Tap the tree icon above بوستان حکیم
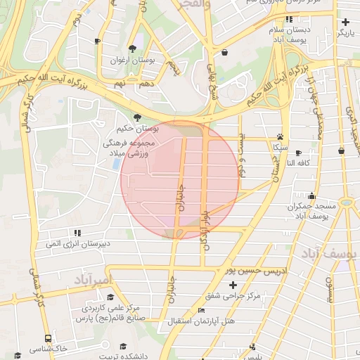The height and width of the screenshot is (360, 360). click(137, 117)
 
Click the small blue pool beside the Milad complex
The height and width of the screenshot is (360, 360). click(116, 163)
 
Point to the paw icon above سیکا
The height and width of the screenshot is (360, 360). click(281, 137)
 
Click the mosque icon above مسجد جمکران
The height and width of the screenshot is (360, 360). click(312, 196)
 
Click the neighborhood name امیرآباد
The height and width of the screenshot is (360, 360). click(91, 280)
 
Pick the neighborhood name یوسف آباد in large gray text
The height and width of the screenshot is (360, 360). click(330, 252)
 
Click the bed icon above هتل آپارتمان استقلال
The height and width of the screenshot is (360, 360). click(202, 310)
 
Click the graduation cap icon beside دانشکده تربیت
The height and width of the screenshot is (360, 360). click(124, 347)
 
